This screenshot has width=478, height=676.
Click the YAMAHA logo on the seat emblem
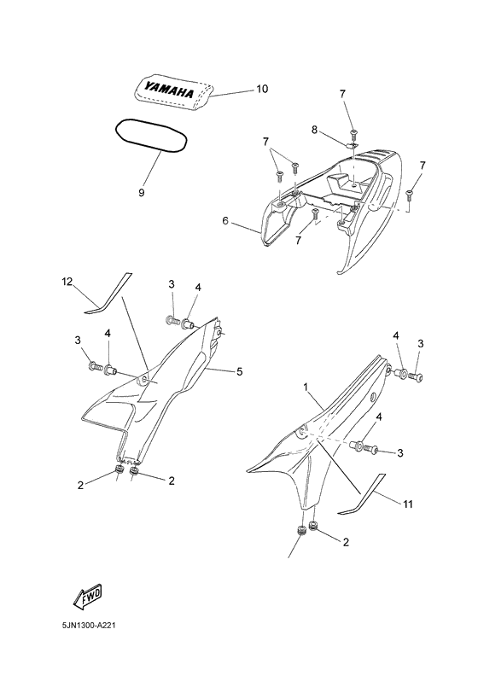pos(168,90)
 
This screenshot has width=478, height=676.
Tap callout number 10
pos(262,89)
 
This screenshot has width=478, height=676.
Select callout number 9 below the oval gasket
pos(142,192)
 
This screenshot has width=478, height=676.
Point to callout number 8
pos(314,130)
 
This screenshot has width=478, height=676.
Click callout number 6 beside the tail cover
pos(225,221)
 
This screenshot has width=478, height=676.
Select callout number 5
pos(239,370)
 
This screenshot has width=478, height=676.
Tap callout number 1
pos(306,387)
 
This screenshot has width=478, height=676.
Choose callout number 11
pos(408,504)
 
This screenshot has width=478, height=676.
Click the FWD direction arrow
pos(88,597)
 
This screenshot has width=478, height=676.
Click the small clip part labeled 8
pos(353,143)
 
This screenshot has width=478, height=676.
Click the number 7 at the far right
pos(423,166)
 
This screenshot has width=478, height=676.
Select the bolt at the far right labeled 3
pos(416,376)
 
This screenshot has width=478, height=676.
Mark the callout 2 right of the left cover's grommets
pos(171,481)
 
